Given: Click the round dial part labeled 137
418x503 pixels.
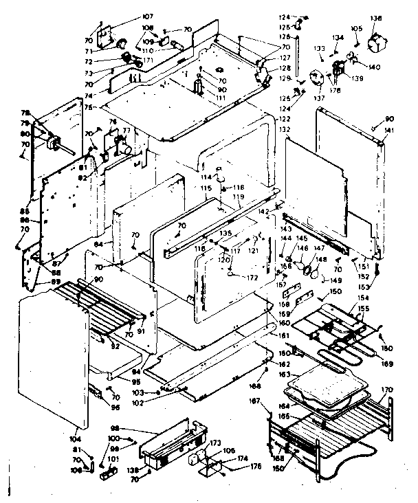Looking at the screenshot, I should tap(317, 79).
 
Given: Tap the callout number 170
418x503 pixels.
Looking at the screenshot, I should tap(388, 391).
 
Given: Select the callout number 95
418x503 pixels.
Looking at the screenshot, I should tap(136, 383).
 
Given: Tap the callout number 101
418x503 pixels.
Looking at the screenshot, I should tap(93, 459).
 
